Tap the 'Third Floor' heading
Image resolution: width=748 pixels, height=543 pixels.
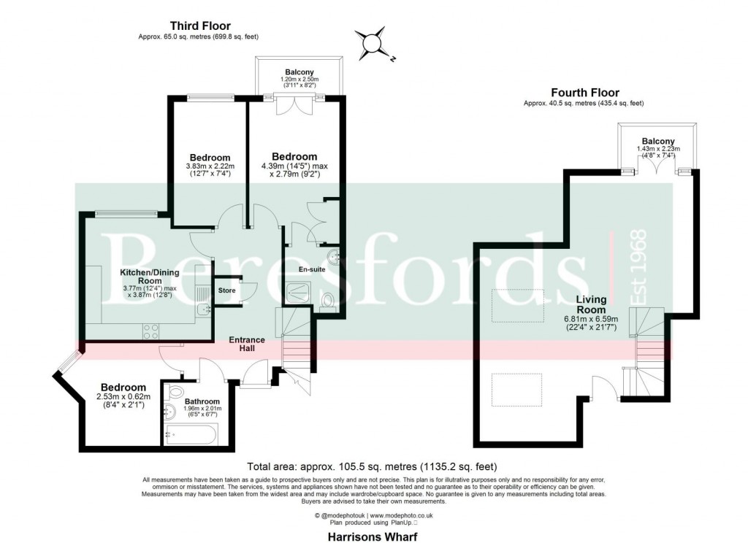[x=199, y=24]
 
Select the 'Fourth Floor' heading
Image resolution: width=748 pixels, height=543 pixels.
[x=584, y=93]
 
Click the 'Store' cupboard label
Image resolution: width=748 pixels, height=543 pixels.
[x=226, y=290]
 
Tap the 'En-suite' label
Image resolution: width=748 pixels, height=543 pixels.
[x=311, y=269]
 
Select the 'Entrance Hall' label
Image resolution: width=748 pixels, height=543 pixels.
[x=247, y=344]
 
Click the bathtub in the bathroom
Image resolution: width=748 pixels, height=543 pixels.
[x=188, y=434]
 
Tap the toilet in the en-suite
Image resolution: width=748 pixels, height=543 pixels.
[x=327, y=301]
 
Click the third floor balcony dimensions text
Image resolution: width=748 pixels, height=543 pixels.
[x=299, y=82]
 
